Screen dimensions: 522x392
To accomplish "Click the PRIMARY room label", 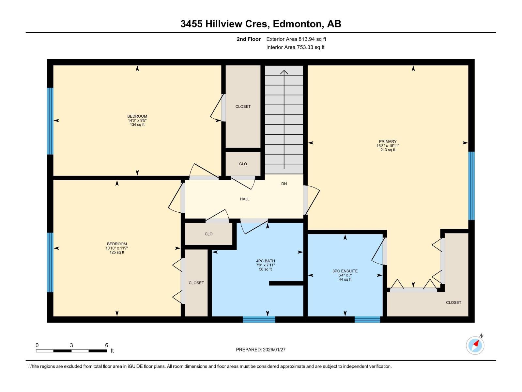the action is (388, 141).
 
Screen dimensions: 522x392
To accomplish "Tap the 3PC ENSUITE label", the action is (345, 271).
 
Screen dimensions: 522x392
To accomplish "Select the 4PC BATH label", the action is (265, 261).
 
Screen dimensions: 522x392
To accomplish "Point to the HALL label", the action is (244, 199).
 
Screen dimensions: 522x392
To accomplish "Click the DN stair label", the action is (284, 184).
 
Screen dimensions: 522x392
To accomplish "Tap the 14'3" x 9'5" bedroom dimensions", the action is (137, 121).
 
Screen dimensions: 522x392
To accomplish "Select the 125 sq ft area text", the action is (117, 252).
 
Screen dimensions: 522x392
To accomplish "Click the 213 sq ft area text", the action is (388, 150).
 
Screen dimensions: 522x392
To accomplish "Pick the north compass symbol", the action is (475, 345).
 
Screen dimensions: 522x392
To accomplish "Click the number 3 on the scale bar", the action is (71, 345).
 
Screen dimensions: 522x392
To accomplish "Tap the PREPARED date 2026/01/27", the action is (274, 350).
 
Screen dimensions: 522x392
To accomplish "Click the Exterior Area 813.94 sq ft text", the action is (296, 39).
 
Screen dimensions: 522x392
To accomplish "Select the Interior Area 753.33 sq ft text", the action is (295, 47).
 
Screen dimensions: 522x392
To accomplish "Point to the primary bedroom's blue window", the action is (471, 186).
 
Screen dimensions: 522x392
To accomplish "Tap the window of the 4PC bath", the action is (259, 320).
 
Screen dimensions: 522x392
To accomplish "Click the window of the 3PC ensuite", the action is (367, 320).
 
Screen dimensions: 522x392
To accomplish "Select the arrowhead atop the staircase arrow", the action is (284, 72).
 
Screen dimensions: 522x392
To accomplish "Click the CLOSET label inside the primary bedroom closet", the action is (453, 302).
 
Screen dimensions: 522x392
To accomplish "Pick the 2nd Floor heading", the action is (249, 39).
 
